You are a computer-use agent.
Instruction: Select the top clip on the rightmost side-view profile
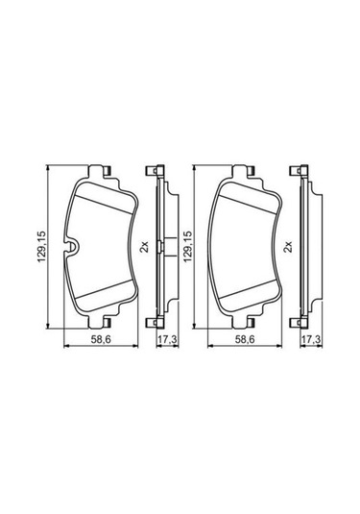point(300,171)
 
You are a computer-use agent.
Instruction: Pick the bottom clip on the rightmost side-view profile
point(300,323)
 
